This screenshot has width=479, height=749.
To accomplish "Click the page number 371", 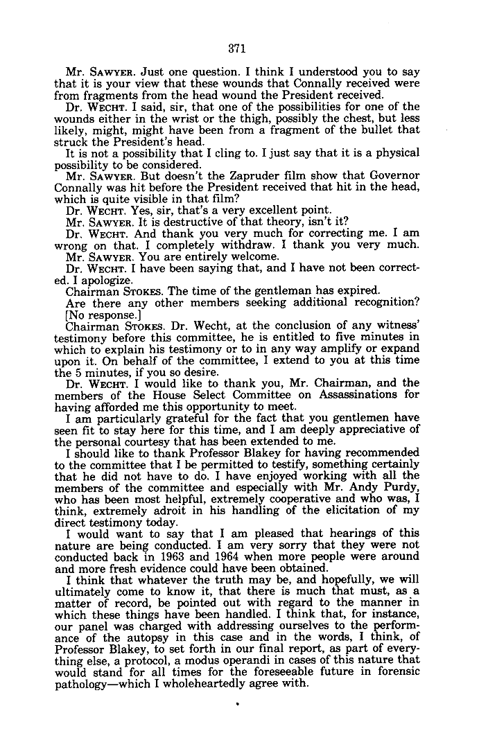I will click(238, 49).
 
